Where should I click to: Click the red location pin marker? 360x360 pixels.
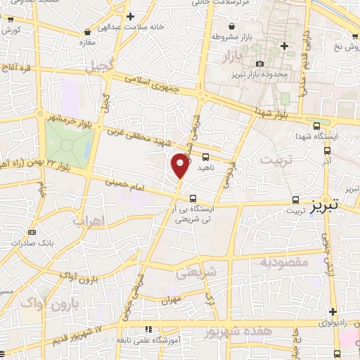(x=181, y=166)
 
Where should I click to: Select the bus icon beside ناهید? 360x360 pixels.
(x=205, y=157)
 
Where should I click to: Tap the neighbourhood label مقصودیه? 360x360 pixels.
(x=285, y=263)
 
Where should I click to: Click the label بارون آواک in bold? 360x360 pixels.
(x=46, y=302)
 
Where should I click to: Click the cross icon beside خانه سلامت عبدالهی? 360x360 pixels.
(x=130, y=16)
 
